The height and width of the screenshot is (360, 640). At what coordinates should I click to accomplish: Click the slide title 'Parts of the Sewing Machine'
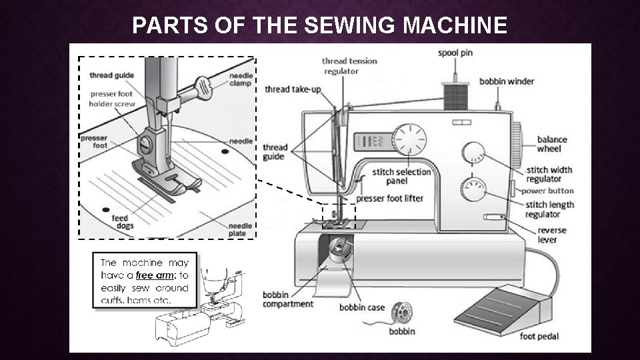319,25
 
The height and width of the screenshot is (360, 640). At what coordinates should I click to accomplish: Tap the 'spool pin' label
455,52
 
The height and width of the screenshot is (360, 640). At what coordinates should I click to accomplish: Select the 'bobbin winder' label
507,81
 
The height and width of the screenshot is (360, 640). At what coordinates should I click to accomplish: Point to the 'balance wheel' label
552,144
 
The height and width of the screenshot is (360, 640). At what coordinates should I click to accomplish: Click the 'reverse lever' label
552,235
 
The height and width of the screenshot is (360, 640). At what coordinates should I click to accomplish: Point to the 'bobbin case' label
362,307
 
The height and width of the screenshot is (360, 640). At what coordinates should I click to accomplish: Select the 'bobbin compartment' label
287,299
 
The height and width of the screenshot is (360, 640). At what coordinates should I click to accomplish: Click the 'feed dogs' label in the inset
120,222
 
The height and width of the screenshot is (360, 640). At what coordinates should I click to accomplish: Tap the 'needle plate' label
240,229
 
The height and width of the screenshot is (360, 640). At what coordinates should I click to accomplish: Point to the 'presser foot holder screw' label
112,99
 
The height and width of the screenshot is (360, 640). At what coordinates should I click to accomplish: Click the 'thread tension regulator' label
350,65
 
